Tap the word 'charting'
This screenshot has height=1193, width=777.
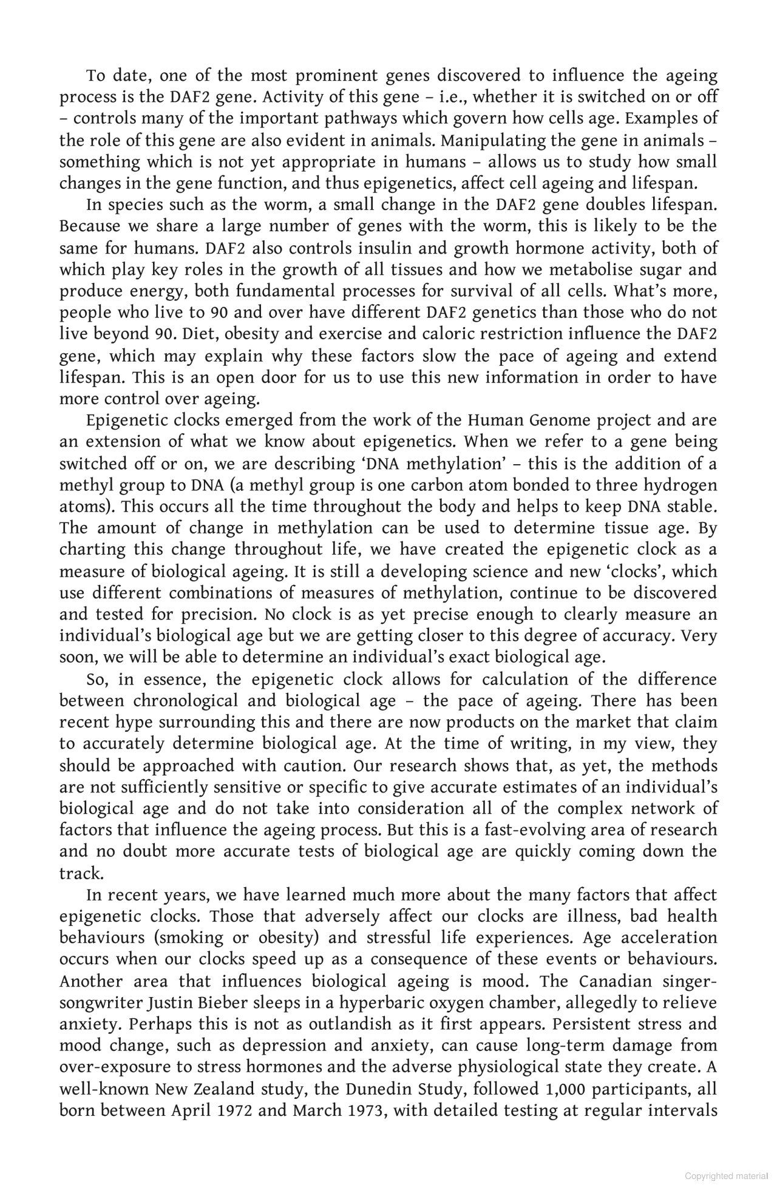(93, 550)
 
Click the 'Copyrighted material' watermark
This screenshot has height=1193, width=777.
(726, 1176)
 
